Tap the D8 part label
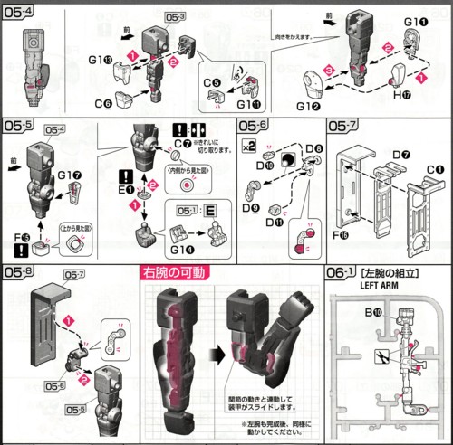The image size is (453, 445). tap(314, 147)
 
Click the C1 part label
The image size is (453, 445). tap(435, 168)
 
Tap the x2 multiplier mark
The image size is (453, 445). tap(248, 145)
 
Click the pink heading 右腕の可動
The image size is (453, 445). tap(174, 272)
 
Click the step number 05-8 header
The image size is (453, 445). tap(18, 272)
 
